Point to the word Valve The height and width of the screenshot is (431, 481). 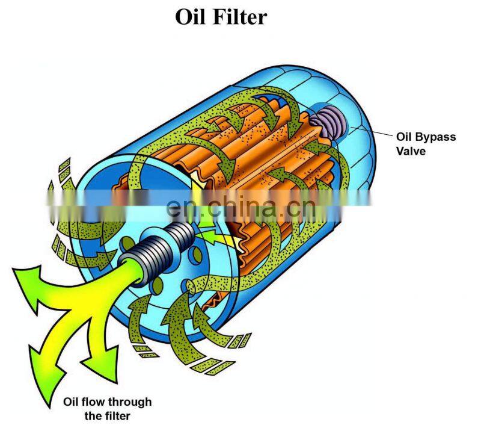click(411, 151)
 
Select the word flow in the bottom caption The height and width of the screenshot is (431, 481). click(93, 402)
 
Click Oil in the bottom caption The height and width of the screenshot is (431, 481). click(71, 402)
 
